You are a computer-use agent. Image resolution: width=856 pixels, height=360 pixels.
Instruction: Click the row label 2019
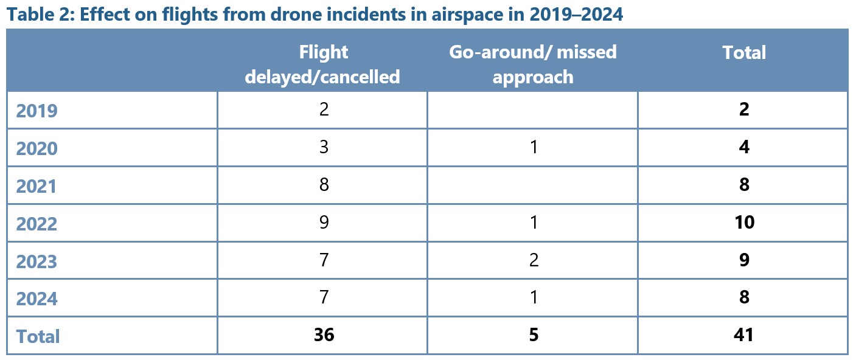[x=37, y=111]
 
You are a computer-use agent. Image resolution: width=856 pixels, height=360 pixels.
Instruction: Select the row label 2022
[x=37, y=224]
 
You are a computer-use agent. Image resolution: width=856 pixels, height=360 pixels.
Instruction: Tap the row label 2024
[x=37, y=299]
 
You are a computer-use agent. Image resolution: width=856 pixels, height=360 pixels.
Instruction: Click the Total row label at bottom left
[x=38, y=336]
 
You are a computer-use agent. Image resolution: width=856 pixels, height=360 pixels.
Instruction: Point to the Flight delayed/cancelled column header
[x=322, y=64]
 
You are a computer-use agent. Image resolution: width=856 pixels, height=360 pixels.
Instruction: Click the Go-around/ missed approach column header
[x=533, y=64]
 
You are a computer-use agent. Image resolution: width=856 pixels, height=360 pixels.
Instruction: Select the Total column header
[x=743, y=53]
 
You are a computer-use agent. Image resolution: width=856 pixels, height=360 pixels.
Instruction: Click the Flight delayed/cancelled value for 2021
[x=324, y=185]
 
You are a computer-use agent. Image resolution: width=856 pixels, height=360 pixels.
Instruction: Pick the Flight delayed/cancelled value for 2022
[x=324, y=223]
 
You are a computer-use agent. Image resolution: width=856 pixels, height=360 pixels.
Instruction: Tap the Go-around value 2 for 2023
[x=534, y=260]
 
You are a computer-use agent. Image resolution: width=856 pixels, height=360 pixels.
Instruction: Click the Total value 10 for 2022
[x=743, y=223]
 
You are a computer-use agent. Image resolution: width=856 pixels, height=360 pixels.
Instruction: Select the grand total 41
[x=743, y=335]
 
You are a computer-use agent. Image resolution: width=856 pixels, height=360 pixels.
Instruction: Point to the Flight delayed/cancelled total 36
[x=324, y=335]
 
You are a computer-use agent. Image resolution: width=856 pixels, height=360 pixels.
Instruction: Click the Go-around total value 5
[x=534, y=335]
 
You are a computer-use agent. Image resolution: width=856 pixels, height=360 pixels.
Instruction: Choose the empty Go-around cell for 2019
[x=533, y=111]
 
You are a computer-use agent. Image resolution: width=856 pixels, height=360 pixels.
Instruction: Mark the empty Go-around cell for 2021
[x=533, y=185]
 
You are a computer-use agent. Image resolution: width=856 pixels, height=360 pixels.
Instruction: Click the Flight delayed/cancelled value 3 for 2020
[x=324, y=148]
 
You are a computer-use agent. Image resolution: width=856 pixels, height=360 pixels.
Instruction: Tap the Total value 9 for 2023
[x=743, y=260]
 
